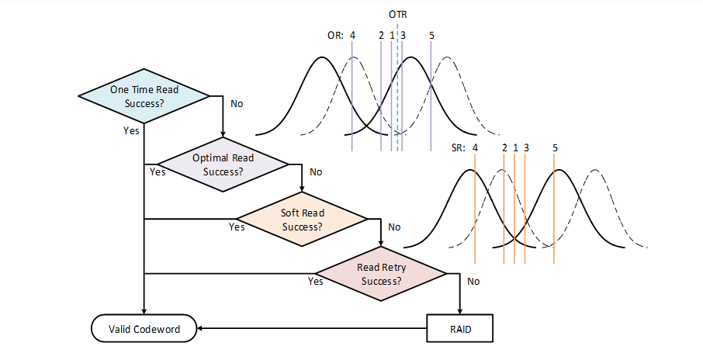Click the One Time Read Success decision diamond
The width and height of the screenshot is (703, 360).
coord(144,96)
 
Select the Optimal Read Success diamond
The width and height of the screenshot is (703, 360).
coord(223,164)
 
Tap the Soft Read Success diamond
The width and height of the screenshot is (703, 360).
coord(302,220)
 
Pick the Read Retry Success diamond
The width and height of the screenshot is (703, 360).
coord(381,274)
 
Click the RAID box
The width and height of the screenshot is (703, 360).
coord(460,329)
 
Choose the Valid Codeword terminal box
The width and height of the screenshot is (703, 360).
coord(144,329)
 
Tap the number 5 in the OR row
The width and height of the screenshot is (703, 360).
coord(431,36)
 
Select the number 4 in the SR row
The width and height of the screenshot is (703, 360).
coord(475,147)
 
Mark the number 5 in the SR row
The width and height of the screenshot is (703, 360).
coord(555,147)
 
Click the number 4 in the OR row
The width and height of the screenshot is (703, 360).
coord(352,36)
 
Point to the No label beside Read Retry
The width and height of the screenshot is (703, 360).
coord(473,281)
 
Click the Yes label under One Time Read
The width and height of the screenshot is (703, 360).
coord(131,130)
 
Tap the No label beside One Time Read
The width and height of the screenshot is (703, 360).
coord(237,103)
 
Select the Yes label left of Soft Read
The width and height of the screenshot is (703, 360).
coord(237,227)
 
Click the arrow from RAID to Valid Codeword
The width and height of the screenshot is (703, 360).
coord(310,329)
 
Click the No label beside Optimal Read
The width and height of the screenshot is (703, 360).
coord(316,171)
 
